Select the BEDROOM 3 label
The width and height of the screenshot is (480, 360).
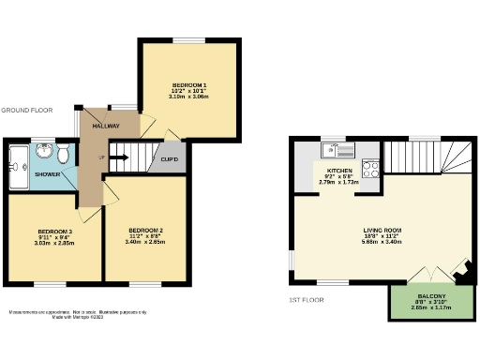pyautogui.click(x=55, y=230)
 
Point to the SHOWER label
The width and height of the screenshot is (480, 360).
pyautogui.click(x=48, y=173)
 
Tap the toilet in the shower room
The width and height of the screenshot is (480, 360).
pyautogui.click(x=62, y=152)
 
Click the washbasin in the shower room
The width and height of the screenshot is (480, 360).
pyautogui.click(x=45, y=149)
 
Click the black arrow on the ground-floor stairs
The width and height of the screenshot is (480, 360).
pyautogui.click(x=119, y=157)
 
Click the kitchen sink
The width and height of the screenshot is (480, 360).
pyautogui.click(x=333, y=149)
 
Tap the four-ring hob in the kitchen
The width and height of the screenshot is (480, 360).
pyautogui.click(x=369, y=171)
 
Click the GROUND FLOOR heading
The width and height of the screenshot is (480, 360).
pyautogui.click(x=26, y=109)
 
